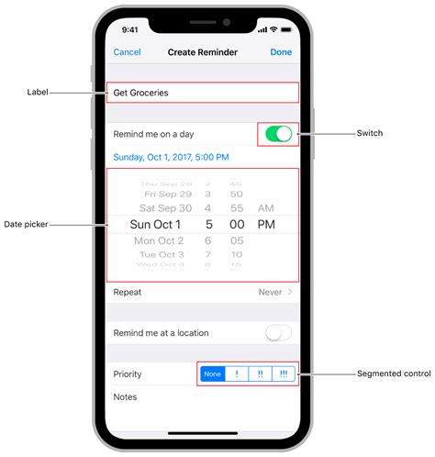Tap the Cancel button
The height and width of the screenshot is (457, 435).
tap(127, 52)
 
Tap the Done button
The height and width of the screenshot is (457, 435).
tap(281, 52)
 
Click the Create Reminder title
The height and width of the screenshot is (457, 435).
tap(203, 52)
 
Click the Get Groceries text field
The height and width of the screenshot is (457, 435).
tap(202, 93)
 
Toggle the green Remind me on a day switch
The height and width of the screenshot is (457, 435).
tap(278, 134)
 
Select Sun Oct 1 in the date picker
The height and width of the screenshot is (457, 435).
tap(155, 224)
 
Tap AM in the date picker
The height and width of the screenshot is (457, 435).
tap(266, 208)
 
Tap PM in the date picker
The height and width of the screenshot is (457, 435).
tap(266, 224)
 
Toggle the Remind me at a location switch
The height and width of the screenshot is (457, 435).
tap(278, 333)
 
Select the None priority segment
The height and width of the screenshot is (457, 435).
tap(213, 374)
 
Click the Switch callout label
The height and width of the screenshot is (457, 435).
tap(370, 134)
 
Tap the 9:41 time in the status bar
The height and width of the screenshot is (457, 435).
tap(130, 29)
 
